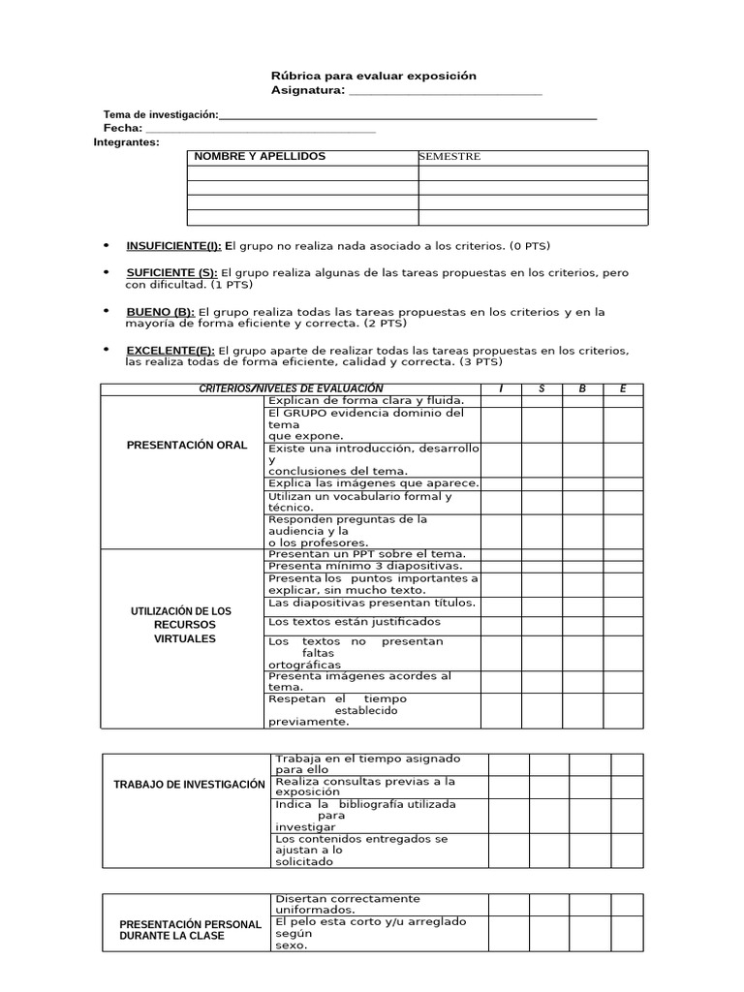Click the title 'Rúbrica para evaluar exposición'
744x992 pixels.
click(373, 76)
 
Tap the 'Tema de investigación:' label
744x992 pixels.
click(161, 114)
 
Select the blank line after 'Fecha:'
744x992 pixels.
click(259, 130)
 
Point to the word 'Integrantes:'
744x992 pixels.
click(126, 141)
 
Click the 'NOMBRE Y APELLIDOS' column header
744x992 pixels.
click(260, 157)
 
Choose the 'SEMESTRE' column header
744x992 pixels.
click(449, 157)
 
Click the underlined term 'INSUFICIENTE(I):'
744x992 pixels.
click(173, 246)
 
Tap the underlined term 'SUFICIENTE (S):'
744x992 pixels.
click(171, 273)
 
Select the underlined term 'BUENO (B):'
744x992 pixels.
click(160, 312)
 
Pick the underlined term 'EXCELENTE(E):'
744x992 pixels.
click(170, 350)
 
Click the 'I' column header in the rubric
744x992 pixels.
click(501, 388)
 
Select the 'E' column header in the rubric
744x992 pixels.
click(623, 388)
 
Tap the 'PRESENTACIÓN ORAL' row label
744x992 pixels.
click(187, 445)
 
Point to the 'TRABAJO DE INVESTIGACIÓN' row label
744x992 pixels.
click(189, 784)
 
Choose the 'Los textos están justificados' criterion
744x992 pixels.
click(354, 621)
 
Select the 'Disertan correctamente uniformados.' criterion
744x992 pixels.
click(347, 904)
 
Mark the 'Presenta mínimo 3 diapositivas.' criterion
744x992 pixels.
click(365, 566)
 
